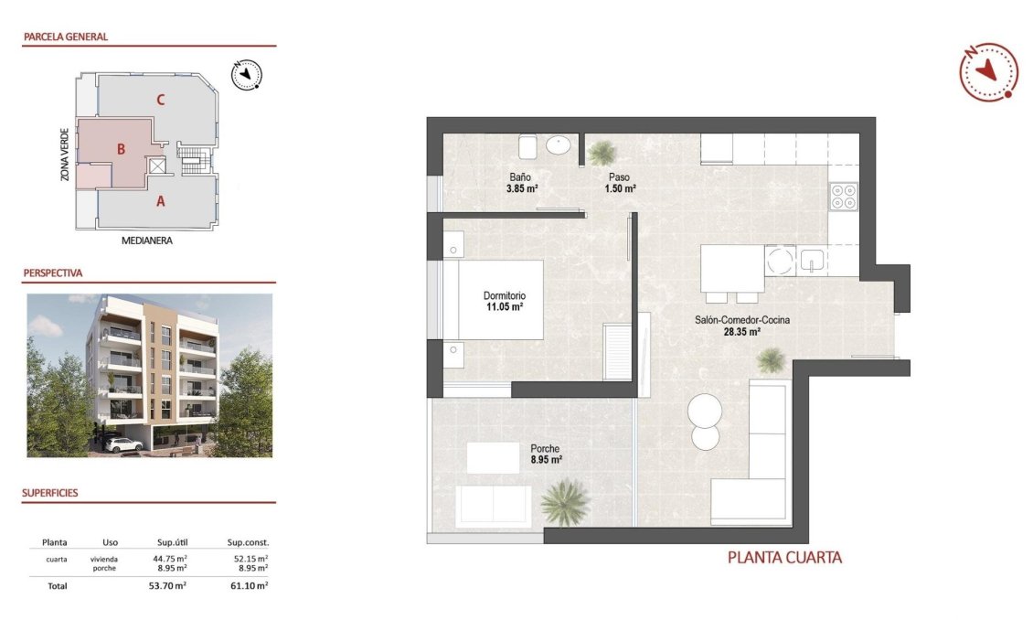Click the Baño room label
click(x=520, y=176)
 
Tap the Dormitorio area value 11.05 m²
click(x=505, y=307)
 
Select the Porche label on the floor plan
click(x=546, y=448)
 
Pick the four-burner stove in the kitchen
click(x=843, y=197)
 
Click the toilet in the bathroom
click(x=527, y=146)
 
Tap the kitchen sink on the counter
click(x=812, y=262)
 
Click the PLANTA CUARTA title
click(x=784, y=557)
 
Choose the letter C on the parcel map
click(x=160, y=100)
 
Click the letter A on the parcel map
click(x=161, y=202)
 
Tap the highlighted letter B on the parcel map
click(x=120, y=149)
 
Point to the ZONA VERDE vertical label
click(x=65, y=154)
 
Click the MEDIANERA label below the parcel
click(x=147, y=241)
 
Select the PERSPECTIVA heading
click(x=53, y=273)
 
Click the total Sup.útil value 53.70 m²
click(x=168, y=586)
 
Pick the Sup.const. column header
click(x=247, y=542)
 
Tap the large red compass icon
click(x=988, y=71)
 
